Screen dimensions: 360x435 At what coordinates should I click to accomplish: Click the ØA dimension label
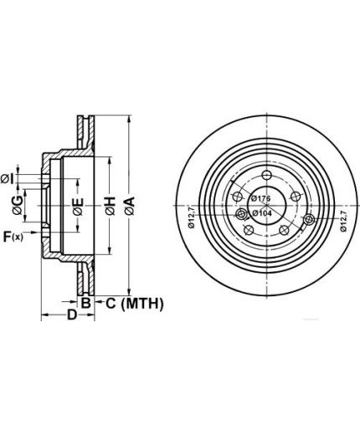(130, 206)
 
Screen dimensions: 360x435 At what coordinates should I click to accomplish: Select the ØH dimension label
(111, 206)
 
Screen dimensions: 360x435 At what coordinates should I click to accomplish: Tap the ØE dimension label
(78, 207)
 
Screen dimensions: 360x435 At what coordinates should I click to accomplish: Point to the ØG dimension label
(18, 205)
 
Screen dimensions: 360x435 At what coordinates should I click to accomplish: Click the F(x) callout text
(13, 237)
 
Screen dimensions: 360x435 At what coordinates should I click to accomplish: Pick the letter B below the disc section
(85, 303)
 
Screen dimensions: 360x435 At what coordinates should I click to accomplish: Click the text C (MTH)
(134, 304)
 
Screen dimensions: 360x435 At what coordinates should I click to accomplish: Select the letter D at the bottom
(72, 315)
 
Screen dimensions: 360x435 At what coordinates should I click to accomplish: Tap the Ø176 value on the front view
(260, 198)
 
